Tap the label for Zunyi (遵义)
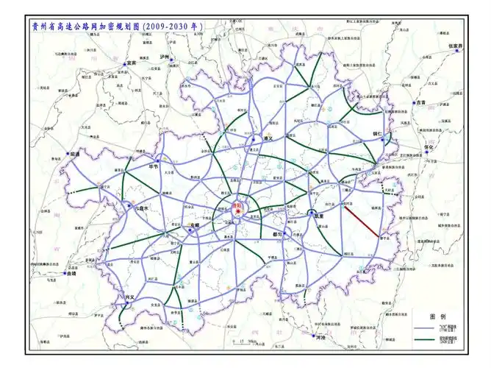click(268, 138)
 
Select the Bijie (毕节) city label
click(154, 166)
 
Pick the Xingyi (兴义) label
click(130, 297)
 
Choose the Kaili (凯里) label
click(319, 216)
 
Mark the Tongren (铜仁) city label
click(379, 135)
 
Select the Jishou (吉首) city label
click(420, 103)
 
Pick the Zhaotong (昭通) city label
click(73, 153)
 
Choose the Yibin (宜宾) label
click(133, 63)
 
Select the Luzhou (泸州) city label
click(165, 57)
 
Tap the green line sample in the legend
click(423, 339)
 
